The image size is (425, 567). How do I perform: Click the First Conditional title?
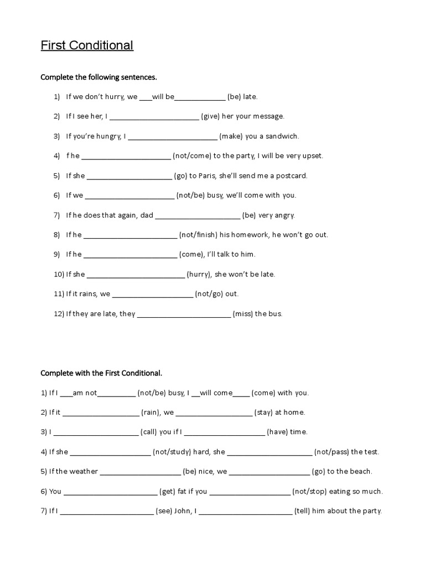87,45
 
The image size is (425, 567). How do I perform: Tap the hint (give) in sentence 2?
210,116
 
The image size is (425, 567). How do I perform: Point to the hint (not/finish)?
198,235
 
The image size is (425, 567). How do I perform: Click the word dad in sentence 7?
147,215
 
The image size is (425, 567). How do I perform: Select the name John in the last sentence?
183,511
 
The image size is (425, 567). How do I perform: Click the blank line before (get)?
111,492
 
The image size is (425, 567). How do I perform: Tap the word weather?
84,471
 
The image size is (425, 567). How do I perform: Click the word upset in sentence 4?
312,156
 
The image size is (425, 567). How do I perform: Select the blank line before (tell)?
245,512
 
